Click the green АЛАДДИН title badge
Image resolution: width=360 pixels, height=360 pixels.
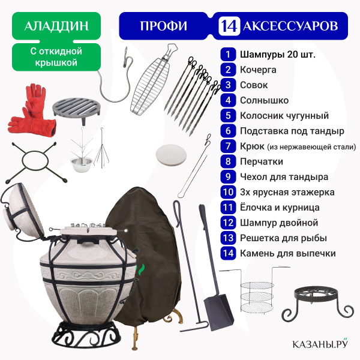point(56,26)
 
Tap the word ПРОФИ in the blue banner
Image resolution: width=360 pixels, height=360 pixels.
point(163,26)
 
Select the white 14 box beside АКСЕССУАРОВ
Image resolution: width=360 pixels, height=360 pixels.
point(229,26)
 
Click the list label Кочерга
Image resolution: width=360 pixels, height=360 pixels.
point(258,70)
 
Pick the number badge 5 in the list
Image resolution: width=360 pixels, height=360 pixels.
point(228,115)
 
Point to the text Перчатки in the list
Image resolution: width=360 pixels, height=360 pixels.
point(261,161)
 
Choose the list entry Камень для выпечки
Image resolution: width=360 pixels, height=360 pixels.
point(287,253)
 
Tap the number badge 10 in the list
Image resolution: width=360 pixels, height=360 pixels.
point(228,192)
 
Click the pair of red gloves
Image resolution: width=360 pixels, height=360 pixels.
point(31,110)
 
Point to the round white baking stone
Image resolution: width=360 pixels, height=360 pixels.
point(171,154)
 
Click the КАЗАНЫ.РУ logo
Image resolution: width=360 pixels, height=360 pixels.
point(320,343)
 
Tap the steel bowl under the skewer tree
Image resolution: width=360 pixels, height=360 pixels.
point(81,163)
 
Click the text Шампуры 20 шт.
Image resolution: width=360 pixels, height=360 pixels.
point(278,55)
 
